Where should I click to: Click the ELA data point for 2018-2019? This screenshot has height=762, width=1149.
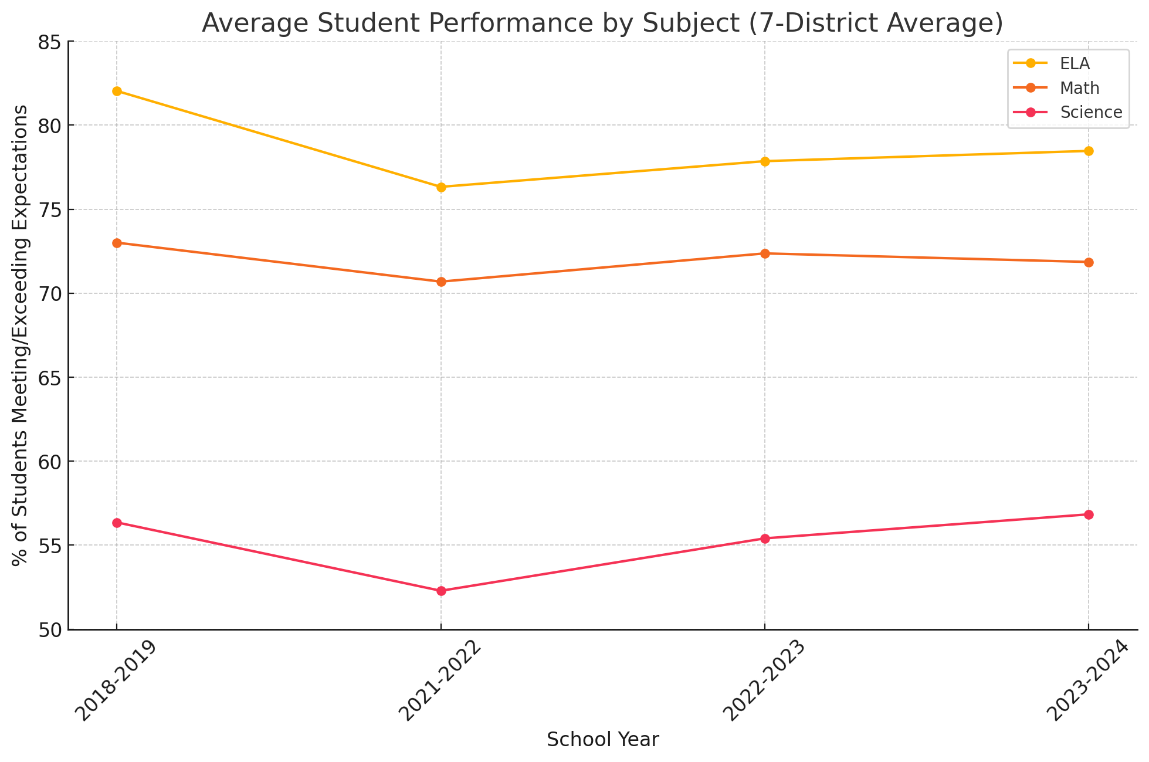click(117, 91)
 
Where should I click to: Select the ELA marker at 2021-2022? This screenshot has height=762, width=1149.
click(441, 187)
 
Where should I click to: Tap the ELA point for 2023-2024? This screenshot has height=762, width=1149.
click(1089, 151)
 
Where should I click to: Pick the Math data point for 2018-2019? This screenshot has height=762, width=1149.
click(117, 243)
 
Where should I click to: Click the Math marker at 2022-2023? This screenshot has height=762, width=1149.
click(765, 253)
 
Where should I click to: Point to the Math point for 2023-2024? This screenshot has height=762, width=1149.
click(1089, 262)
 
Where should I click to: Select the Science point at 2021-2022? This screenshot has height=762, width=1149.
click(441, 591)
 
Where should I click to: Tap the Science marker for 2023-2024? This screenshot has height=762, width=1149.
click(1089, 514)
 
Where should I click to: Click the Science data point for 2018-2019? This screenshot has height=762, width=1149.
click(117, 523)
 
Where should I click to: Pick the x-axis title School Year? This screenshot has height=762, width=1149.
click(603, 740)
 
